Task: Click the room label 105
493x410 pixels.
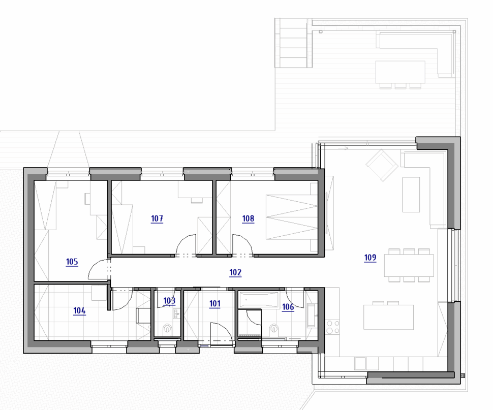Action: click(72, 262)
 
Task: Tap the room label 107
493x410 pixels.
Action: click(157, 218)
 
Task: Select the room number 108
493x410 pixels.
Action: click(248, 218)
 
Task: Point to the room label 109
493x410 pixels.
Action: click(370, 258)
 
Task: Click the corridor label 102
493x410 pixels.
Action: click(235, 272)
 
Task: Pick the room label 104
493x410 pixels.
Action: click(79, 311)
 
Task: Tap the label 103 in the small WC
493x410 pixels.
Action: click(169, 301)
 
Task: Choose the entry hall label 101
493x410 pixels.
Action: click(215, 303)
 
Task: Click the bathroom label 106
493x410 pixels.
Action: click(288, 307)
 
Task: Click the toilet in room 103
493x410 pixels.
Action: click(167, 329)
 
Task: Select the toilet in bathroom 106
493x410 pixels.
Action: click(274, 329)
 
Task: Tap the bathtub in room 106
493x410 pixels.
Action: click(259, 300)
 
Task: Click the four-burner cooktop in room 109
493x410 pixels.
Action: click(333, 327)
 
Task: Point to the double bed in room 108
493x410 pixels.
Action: click(292, 217)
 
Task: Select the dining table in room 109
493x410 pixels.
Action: click(409, 266)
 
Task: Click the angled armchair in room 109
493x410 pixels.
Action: click(382, 165)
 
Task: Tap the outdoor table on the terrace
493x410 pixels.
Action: click(400, 72)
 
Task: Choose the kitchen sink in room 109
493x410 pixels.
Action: click(360, 363)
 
